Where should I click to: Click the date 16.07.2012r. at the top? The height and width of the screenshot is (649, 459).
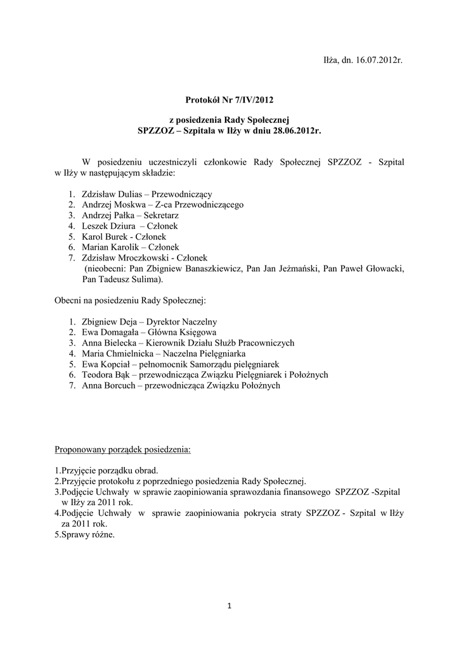pyautogui.click(x=378, y=61)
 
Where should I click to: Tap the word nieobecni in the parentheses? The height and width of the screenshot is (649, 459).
pyautogui.click(x=105, y=268)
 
